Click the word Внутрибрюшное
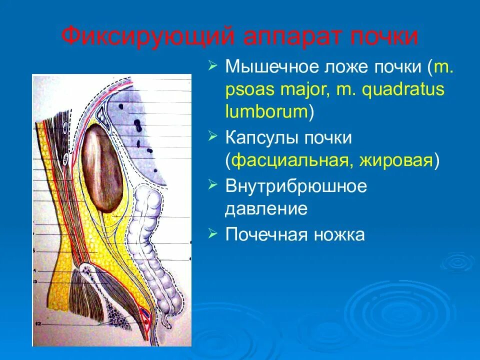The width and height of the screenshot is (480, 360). pos(296,186)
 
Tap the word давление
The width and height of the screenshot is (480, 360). pos(266,208)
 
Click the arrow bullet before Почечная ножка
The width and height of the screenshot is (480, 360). pos(213,233)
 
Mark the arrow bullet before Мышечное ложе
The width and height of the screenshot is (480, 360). pos(213,65)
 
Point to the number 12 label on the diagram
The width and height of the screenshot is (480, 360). pos(36,324)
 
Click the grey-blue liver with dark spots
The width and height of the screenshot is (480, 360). pos(145,130)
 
